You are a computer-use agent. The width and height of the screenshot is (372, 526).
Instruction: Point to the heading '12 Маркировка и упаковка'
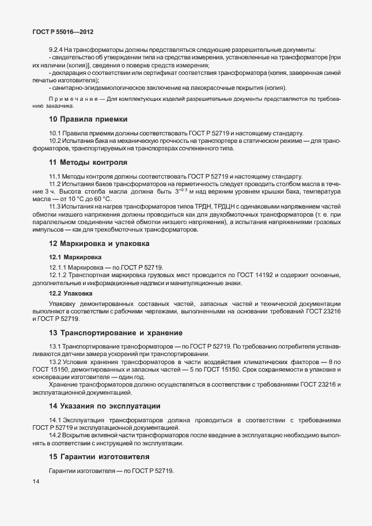click(x=99, y=244)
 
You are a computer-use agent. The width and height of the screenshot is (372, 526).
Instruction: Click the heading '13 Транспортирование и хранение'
click(x=116, y=333)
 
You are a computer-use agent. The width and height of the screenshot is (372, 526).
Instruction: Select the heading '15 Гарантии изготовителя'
click(x=99, y=456)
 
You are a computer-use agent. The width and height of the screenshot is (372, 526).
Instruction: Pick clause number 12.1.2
click(x=58, y=275)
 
